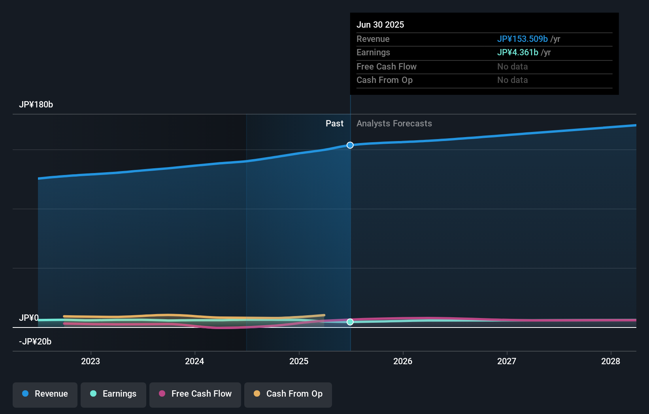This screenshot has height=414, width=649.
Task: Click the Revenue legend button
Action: click(x=45, y=394)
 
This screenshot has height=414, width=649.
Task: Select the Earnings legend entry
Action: click(x=113, y=394)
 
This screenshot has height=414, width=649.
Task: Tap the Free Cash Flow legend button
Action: click(x=195, y=394)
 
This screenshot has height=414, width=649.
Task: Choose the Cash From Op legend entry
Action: click(x=288, y=394)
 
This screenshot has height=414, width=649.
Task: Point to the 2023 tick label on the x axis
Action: click(x=91, y=361)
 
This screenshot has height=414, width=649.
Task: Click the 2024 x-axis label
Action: click(x=194, y=361)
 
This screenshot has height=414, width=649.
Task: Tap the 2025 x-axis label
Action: click(x=299, y=361)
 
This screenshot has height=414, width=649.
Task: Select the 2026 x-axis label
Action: click(x=403, y=361)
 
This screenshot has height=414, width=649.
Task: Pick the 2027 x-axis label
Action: click(x=507, y=361)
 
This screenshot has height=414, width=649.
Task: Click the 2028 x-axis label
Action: click(x=611, y=361)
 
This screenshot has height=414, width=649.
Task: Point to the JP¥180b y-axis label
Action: click(x=36, y=105)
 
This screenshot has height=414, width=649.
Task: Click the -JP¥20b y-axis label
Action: click(x=35, y=342)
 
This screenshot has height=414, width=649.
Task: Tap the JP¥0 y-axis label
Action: click(x=29, y=318)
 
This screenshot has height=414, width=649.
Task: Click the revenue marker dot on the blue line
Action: click(x=350, y=145)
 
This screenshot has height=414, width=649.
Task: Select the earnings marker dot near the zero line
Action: click(x=350, y=322)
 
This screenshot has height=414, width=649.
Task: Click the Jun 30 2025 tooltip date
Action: click(x=380, y=25)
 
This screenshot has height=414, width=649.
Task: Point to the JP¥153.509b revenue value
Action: click(x=522, y=39)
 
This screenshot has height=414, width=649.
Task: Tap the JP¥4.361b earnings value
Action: click(x=517, y=53)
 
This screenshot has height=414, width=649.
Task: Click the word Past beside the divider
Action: click(x=334, y=124)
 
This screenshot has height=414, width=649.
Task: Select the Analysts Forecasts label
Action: click(x=394, y=124)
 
